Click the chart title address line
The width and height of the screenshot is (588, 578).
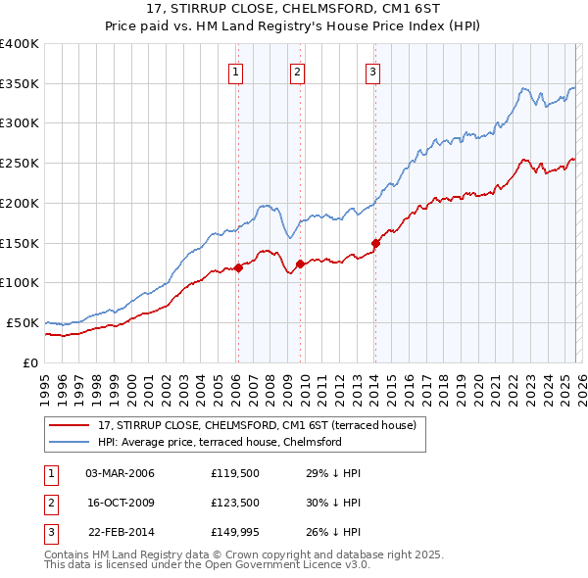[294, 9]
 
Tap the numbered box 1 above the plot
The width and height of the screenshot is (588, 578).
[237, 70]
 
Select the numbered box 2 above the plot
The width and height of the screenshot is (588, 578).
[297, 70]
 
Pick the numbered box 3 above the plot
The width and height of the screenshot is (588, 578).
[373, 70]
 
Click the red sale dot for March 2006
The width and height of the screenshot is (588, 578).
[238, 267]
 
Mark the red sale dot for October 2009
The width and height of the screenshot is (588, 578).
[300, 264]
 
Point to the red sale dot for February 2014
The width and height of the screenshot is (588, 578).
[375, 243]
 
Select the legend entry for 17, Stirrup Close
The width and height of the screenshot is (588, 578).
[257, 425]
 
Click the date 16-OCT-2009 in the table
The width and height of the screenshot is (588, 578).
[120, 504]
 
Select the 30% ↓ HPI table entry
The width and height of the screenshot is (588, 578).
[333, 504]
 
